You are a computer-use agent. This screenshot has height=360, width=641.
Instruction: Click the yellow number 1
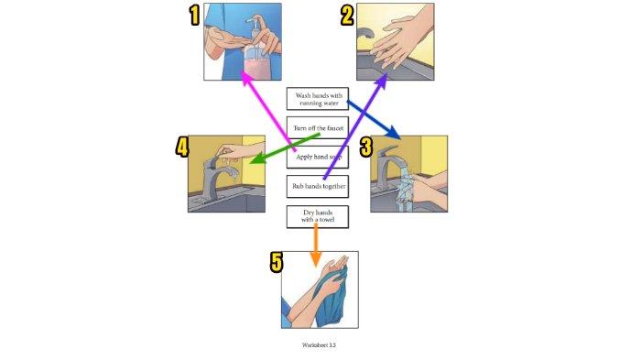194,16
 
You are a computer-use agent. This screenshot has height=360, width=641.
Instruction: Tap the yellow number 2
347,16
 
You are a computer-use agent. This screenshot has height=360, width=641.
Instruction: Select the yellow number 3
366,147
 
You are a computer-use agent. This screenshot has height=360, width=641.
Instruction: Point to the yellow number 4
182,147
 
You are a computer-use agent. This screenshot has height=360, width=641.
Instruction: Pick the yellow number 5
277,262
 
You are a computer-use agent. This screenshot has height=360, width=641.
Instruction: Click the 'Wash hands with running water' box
318,99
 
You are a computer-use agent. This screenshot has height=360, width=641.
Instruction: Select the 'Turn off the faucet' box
318,128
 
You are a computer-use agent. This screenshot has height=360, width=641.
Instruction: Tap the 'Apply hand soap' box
318,157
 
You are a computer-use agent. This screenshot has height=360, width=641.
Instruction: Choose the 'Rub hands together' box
318,187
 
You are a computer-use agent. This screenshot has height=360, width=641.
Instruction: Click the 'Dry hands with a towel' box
318,216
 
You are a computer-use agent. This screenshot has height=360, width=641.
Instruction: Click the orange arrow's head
315,259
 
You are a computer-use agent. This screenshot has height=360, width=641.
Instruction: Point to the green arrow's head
257,158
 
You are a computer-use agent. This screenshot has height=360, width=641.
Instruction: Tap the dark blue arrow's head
393,133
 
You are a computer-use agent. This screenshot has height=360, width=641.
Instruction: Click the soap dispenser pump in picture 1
256,26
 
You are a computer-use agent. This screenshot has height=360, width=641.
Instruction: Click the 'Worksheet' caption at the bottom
319,344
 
